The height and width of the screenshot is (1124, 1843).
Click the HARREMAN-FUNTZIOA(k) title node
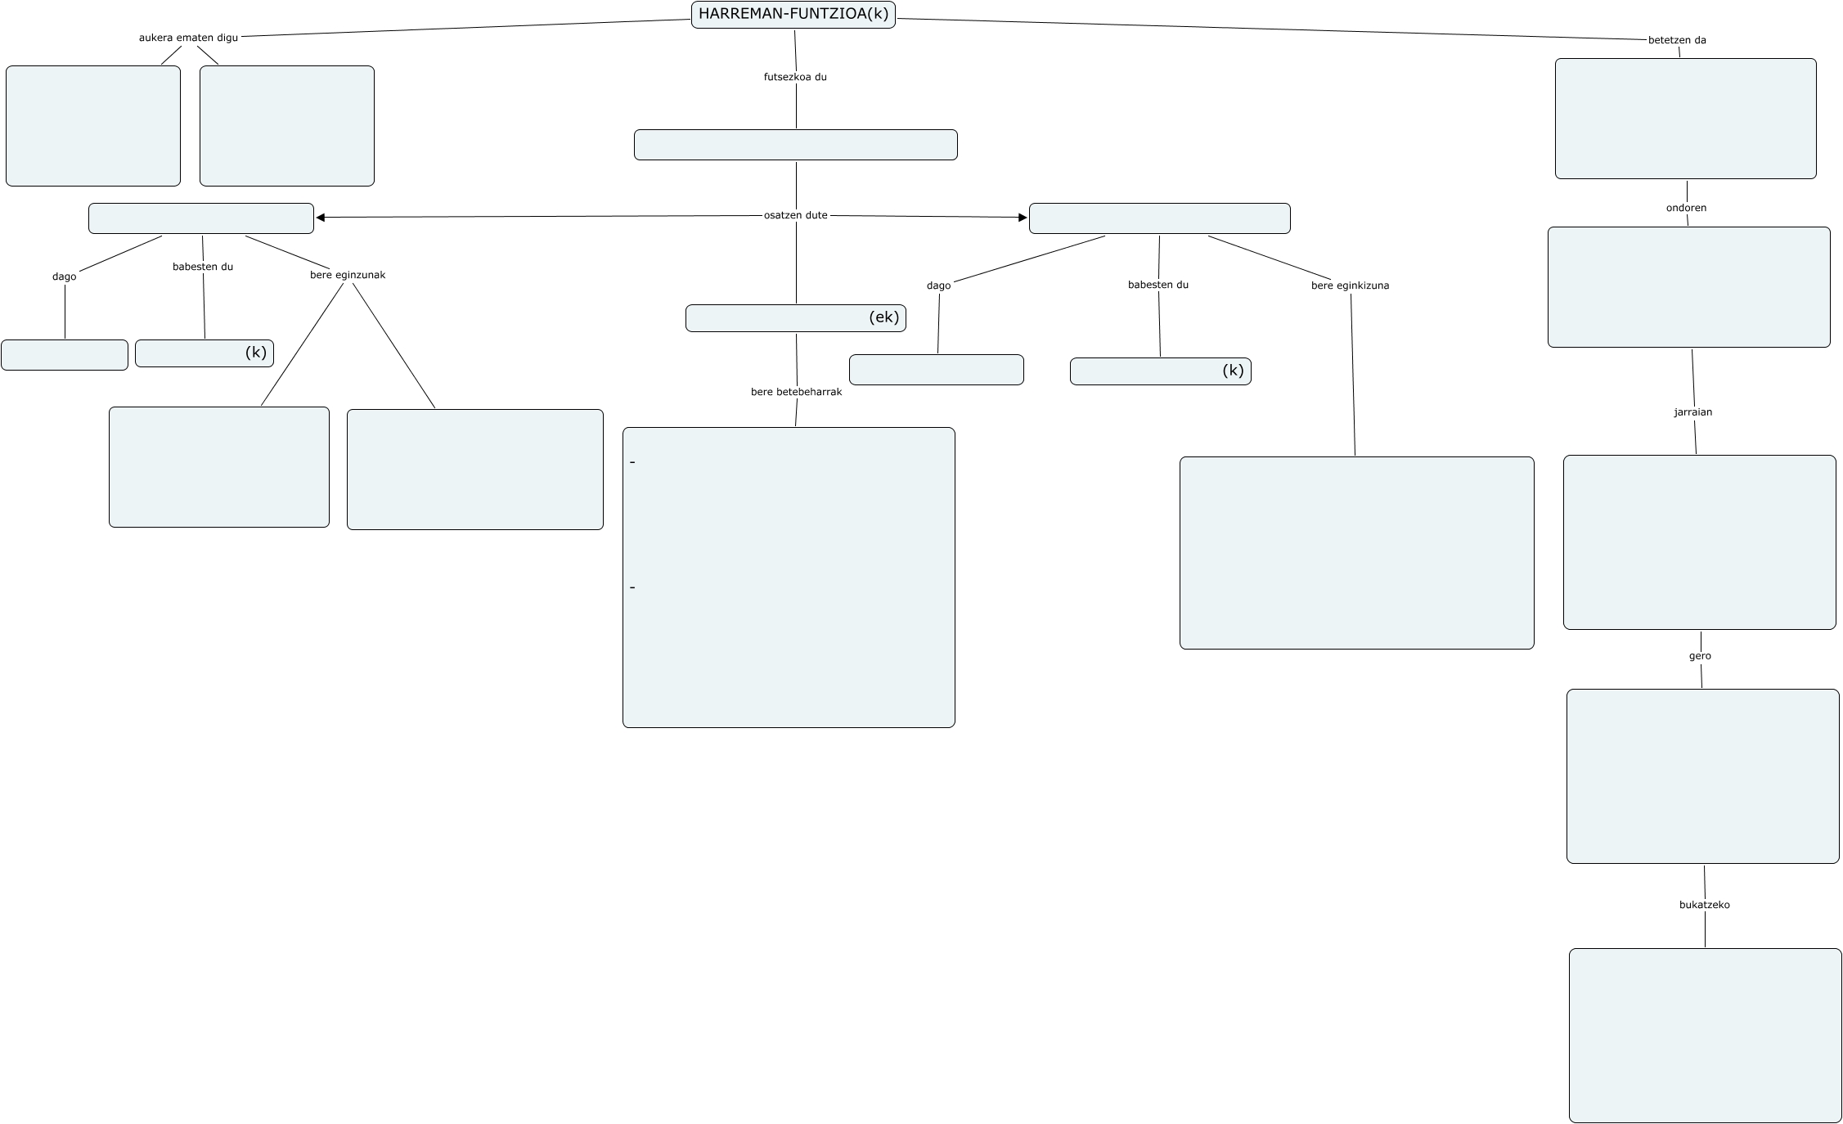pos(793,15)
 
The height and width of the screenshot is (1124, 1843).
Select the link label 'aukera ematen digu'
pos(188,38)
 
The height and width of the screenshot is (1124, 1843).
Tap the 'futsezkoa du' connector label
pos(795,77)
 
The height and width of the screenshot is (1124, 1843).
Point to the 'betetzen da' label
pos(1677,40)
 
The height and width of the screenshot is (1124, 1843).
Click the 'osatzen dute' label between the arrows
pos(795,215)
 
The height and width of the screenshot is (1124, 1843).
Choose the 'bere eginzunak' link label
pos(347,275)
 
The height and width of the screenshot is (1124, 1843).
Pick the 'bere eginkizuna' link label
pos(1350,285)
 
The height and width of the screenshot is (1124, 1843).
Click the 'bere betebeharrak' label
pos(796,392)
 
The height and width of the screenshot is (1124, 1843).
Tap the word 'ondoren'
pos(1686,208)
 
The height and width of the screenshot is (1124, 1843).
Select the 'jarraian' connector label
pos(1692,412)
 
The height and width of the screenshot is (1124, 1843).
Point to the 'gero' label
pos(1700,656)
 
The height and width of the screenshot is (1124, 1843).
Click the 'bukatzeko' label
pos(1704,905)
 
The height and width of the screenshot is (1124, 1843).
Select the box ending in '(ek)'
pos(795,318)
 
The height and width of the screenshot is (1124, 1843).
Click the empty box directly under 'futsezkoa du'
pos(795,145)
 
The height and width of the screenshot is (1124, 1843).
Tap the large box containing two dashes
pos(789,577)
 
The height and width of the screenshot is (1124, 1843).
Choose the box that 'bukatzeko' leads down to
pos(1705,1035)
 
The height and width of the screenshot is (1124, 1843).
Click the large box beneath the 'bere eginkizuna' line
pos(1356,552)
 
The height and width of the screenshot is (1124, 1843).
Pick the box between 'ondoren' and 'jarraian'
pos(1688,287)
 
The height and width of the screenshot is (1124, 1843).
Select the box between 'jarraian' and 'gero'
pos(1699,542)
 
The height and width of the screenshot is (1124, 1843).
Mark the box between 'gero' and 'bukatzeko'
pos(1702,776)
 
